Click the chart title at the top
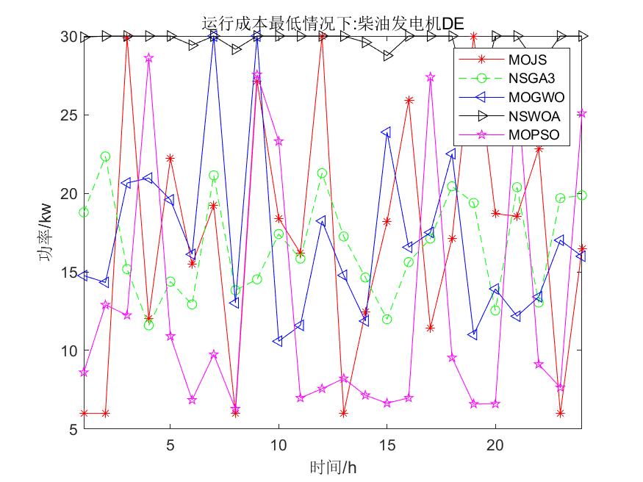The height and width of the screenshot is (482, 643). [x=333, y=24]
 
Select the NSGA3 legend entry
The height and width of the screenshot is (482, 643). [x=530, y=77]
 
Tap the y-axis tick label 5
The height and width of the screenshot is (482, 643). [x=72, y=430]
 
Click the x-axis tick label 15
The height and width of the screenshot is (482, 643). [x=387, y=445]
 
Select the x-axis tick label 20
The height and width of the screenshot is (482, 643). [x=495, y=445]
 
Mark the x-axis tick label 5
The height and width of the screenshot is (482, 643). [x=170, y=445]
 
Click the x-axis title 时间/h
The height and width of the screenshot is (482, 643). [x=333, y=467]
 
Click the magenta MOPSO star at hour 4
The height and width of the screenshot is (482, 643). [x=148, y=57]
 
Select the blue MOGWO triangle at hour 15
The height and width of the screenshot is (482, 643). [x=387, y=132]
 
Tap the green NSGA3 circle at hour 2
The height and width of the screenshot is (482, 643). [x=105, y=157]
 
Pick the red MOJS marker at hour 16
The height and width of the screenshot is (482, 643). [x=409, y=100]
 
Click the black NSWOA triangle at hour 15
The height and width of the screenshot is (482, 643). [x=387, y=56]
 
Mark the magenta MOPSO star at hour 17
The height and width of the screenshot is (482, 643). [x=431, y=76]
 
